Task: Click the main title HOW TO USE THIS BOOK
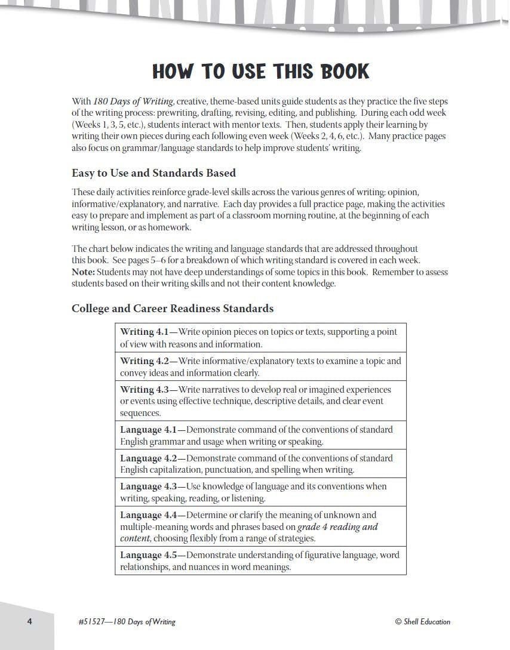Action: (261, 72)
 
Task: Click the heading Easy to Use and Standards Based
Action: (153, 173)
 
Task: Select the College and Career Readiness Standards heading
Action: (173, 309)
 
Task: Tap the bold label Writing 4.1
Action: (145, 332)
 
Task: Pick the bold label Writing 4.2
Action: (145, 361)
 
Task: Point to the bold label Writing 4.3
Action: (145, 389)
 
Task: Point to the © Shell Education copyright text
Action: (423, 622)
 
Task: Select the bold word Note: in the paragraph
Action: (83, 272)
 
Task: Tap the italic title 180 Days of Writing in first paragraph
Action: (127, 101)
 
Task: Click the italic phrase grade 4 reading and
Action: (337, 527)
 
